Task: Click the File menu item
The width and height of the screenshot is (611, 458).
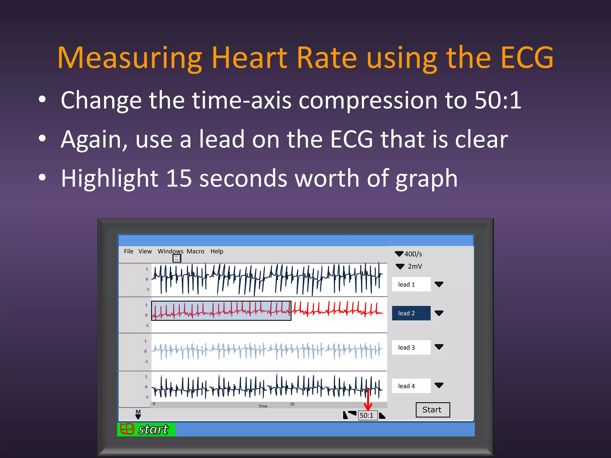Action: (129, 251)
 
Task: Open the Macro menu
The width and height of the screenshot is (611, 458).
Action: (195, 251)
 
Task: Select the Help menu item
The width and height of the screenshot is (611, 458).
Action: (217, 251)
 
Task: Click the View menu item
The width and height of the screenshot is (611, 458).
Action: (145, 251)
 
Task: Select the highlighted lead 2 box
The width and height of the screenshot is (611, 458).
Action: (411, 313)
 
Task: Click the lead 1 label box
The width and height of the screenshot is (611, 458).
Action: (411, 284)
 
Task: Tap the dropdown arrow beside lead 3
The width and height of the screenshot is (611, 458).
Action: (439, 347)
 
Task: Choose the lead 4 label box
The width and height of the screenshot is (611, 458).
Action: (411, 386)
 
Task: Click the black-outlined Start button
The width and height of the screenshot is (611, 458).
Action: (433, 410)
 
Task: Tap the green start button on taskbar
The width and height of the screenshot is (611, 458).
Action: (146, 429)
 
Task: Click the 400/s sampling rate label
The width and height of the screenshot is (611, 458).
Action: (413, 254)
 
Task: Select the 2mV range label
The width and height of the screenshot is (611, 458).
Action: (415, 266)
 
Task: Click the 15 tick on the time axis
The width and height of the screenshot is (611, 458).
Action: (292, 404)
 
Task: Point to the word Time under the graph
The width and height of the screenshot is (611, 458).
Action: (263, 406)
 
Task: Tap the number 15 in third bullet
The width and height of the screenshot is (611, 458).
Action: (178, 178)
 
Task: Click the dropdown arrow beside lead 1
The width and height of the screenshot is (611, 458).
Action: (439, 284)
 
